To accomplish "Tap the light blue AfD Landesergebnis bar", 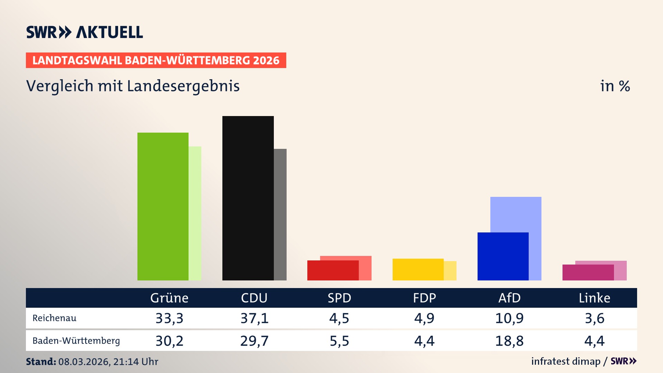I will (516, 214).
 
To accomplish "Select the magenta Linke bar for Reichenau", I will (588, 272).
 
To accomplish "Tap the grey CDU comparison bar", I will (280, 214).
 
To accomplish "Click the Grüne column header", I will (169, 298).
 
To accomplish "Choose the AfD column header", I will (509, 298).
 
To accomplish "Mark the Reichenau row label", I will (54, 318).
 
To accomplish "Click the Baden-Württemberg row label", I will (76, 341).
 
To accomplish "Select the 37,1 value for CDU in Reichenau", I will (254, 318).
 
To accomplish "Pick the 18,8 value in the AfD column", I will (509, 341).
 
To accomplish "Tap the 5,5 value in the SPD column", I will (339, 341).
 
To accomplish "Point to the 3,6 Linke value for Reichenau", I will (594, 318).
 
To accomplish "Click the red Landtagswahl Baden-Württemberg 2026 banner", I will (156, 60).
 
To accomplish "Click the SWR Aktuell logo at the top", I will (85, 32).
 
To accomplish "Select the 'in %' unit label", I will (615, 86).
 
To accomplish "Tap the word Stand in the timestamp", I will (41, 362).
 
